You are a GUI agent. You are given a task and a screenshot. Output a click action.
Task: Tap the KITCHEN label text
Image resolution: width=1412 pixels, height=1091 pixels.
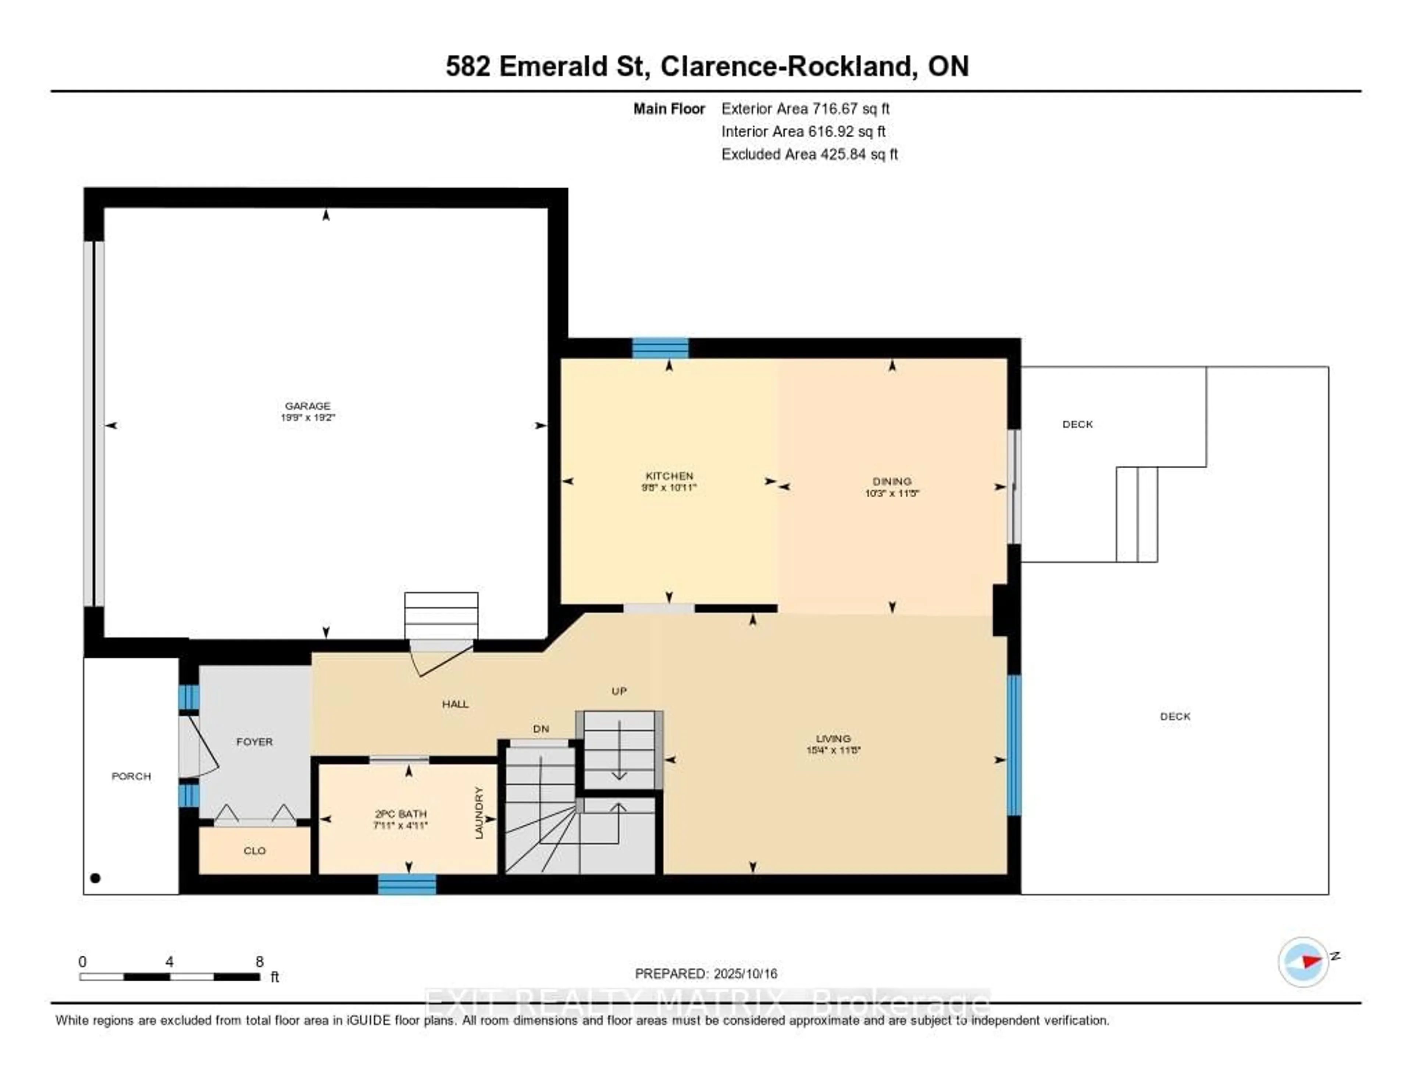point(669,475)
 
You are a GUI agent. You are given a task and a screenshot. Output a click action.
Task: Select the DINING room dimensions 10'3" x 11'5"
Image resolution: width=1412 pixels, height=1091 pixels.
point(892,493)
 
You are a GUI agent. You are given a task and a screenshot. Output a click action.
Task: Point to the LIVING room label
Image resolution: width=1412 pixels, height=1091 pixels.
point(833,738)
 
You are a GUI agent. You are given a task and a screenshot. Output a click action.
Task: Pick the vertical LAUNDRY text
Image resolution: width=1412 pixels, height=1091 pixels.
point(479,813)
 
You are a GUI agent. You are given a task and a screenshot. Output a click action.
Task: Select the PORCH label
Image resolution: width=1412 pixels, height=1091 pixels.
point(131,776)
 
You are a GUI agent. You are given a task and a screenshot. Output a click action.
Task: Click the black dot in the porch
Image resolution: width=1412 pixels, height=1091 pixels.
point(96,878)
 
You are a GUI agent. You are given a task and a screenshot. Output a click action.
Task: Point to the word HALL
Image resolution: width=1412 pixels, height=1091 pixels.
point(455,704)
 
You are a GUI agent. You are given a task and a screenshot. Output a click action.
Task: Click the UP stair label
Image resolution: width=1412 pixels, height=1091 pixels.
point(619,691)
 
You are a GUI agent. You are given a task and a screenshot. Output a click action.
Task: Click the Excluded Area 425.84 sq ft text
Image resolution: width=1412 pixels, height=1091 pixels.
point(809,154)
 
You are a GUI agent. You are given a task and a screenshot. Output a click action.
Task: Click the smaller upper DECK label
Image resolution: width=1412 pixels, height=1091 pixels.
point(1077,424)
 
